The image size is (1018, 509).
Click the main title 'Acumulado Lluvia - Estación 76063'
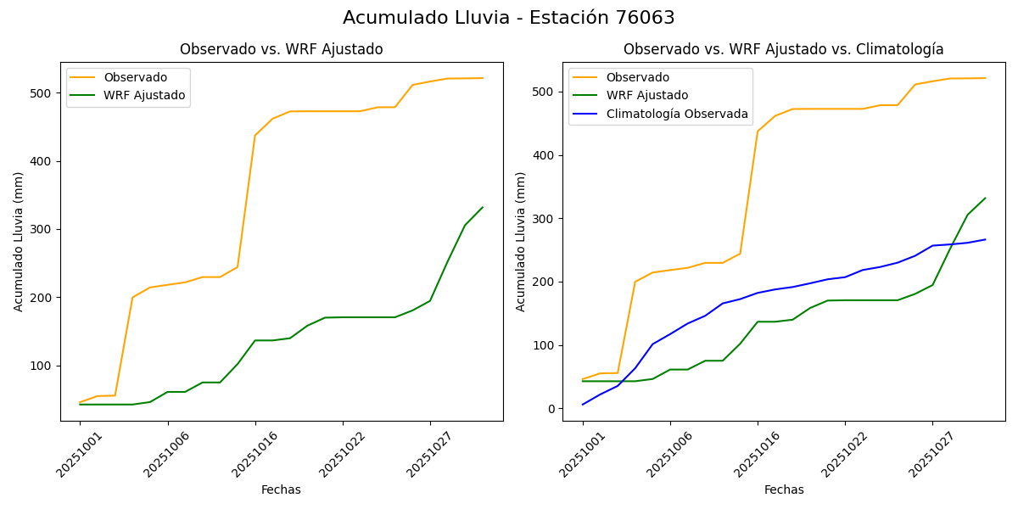coord(509,18)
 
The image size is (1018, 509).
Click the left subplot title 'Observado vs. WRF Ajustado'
coord(281,50)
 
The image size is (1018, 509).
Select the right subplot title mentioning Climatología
coord(783,50)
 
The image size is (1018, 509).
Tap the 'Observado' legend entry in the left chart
coord(136,77)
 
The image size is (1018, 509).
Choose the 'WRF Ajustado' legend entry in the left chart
coord(144,95)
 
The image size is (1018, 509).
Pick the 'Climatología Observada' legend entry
coord(677,114)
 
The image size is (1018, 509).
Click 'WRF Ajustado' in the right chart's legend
coord(646,95)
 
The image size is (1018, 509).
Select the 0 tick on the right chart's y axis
coord(551,409)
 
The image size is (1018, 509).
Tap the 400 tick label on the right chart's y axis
coord(545,155)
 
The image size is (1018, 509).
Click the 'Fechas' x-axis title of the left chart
coord(281,489)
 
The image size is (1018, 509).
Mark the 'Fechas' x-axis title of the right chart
coord(784,489)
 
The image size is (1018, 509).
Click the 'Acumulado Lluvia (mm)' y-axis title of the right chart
coord(522,242)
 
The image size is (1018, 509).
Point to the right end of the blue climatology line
coord(985,239)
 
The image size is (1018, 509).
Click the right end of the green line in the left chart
coord(482,207)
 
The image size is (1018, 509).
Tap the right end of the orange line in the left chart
coord(482,78)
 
